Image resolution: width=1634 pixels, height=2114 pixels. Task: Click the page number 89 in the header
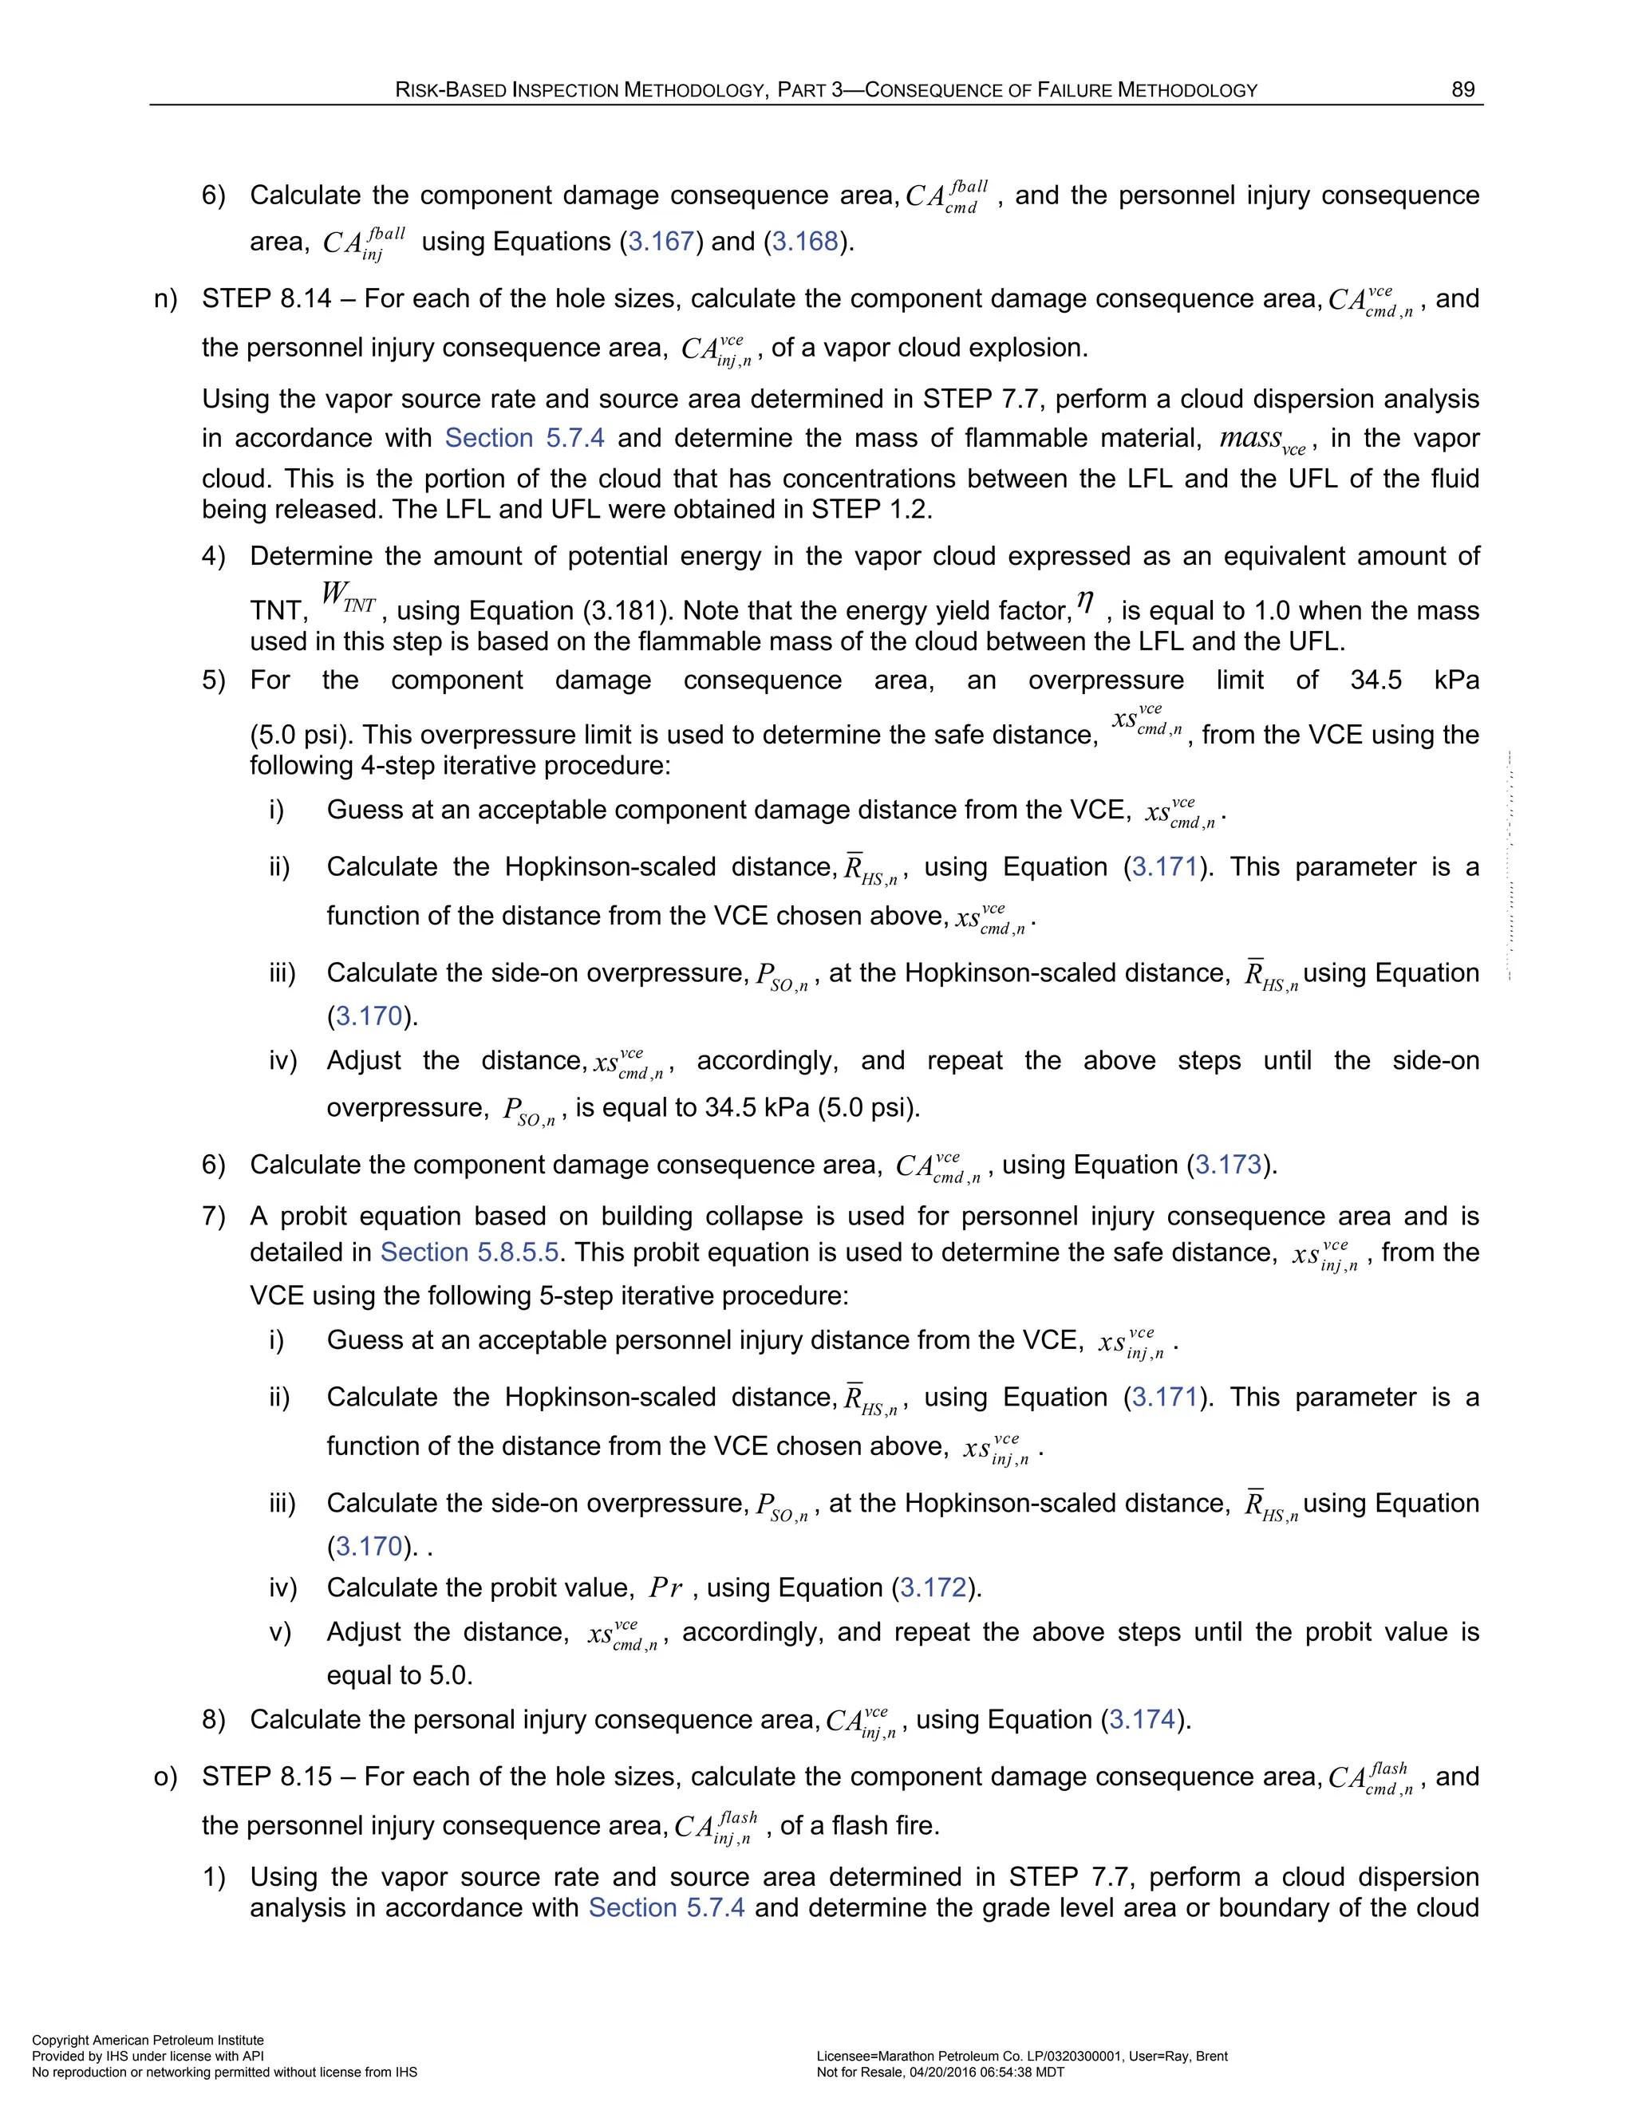tap(1462, 90)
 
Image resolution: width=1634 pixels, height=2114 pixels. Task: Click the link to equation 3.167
tap(661, 241)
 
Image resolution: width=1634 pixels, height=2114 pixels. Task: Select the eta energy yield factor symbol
tap(1085, 605)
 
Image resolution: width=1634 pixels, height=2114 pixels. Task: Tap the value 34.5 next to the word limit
tap(1375, 680)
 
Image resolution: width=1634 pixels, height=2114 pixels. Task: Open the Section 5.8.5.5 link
tap(469, 1252)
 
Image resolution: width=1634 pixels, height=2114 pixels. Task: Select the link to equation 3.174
tap(1143, 1719)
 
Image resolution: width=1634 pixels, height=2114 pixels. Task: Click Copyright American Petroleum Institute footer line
tap(148, 2040)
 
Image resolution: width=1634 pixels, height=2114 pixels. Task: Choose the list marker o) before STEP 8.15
tap(165, 1777)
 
